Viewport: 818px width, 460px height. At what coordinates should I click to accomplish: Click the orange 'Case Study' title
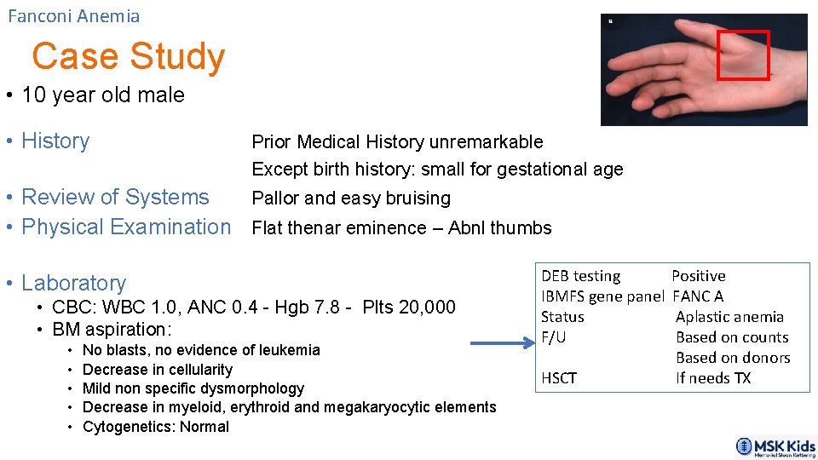tap(128, 56)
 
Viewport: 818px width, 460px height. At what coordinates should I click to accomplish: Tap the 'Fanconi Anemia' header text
tap(74, 16)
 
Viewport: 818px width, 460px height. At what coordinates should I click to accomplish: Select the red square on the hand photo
tap(743, 55)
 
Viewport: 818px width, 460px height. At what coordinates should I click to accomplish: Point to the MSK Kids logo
tap(775, 447)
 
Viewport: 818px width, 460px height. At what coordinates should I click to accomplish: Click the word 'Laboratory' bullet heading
tap(73, 283)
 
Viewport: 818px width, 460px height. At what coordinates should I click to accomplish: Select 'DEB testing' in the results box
tap(580, 276)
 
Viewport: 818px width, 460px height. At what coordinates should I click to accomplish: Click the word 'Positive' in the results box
tap(699, 276)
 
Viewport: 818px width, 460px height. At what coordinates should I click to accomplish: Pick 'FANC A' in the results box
tap(698, 296)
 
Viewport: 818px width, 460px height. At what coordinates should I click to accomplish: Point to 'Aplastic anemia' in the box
tap(729, 317)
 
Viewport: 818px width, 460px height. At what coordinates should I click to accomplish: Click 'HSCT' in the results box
tap(559, 378)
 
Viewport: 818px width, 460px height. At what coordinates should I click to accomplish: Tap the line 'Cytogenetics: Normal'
tap(156, 427)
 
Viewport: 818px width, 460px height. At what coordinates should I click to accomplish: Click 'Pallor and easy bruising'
tap(351, 198)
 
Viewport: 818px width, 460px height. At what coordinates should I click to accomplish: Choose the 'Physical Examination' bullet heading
tap(126, 227)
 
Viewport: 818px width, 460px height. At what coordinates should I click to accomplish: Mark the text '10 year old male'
tap(103, 95)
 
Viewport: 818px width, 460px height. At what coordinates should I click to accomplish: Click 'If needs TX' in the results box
tap(713, 378)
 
